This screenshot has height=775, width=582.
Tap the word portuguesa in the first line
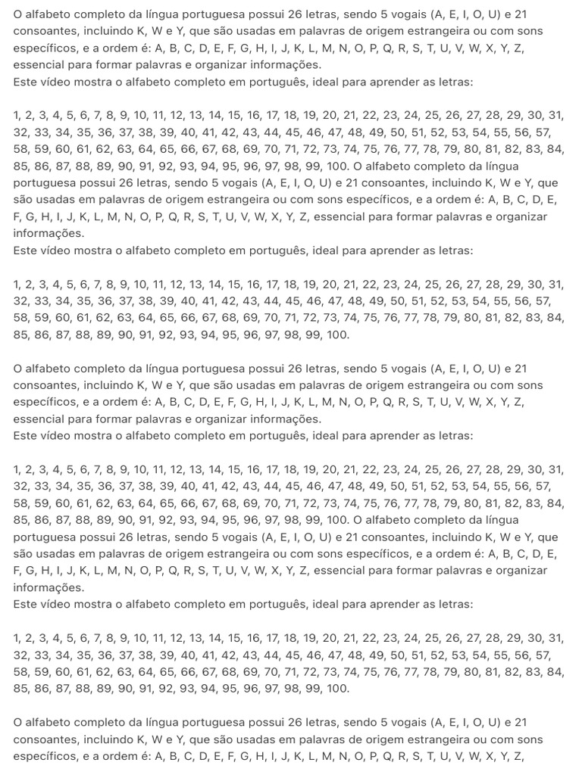tap(229, 14)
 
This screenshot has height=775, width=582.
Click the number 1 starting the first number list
tap(17, 116)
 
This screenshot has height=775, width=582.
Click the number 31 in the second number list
tap(556, 285)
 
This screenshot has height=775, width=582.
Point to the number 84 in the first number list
tap(555, 149)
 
